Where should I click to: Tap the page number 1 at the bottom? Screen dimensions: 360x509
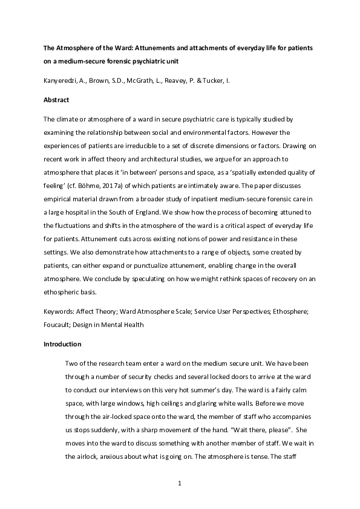point(180,483)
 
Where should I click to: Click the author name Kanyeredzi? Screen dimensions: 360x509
point(62,80)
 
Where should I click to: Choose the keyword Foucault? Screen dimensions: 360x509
point(58,325)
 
